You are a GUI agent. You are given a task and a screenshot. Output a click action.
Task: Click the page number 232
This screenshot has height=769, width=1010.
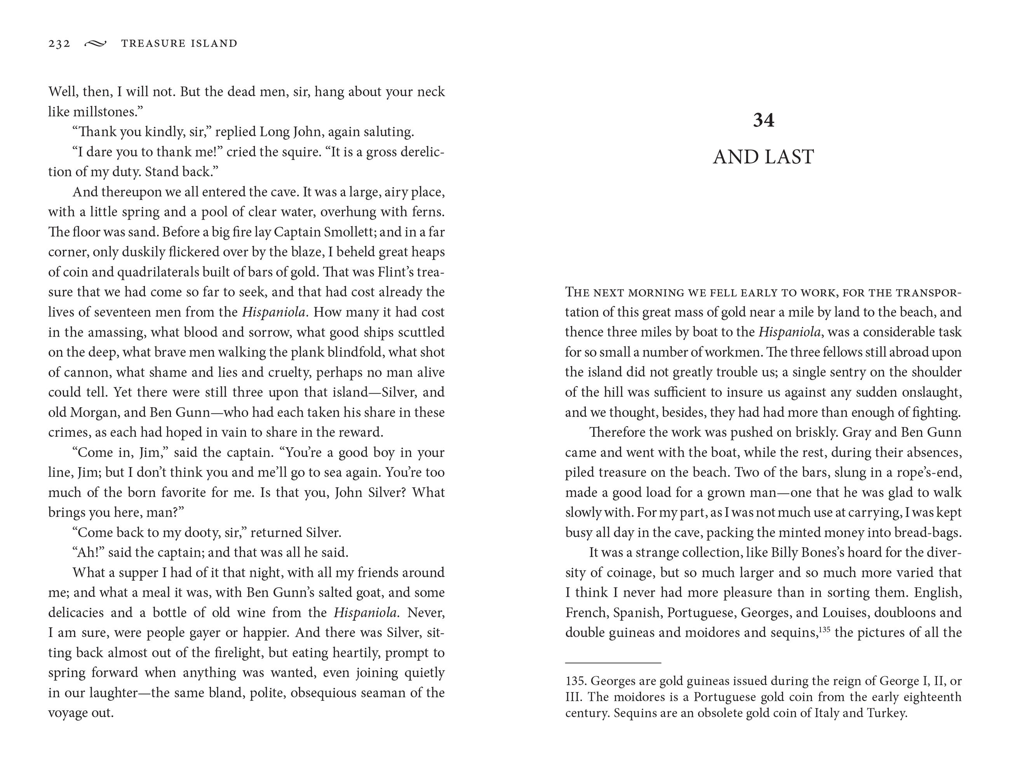(59, 43)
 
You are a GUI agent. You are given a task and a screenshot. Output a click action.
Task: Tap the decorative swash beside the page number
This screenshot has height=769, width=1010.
(95, 43)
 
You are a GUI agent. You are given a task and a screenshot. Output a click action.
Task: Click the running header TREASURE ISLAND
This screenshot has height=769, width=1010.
(179, 43)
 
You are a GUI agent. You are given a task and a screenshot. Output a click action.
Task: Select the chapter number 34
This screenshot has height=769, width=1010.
(763, 120)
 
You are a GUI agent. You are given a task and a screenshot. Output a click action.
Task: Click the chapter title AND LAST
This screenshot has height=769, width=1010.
(763, 157)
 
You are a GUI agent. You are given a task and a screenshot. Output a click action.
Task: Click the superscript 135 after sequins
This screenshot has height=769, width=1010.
(824, 629)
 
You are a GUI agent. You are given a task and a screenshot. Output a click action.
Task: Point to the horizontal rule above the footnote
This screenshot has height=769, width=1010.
(613, 662)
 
